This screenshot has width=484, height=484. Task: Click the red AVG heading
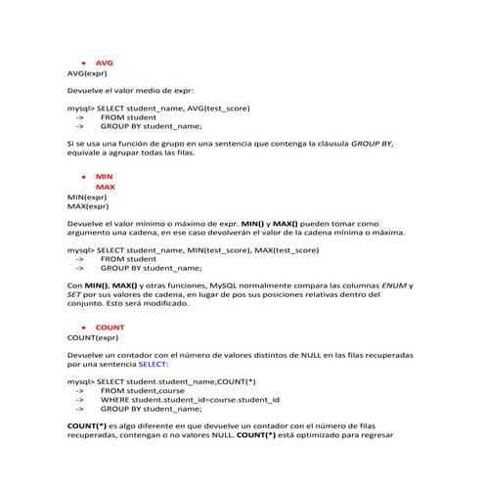(105, 63)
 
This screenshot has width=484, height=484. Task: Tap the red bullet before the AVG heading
(84, 63)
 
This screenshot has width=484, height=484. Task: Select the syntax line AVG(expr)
(87, 73)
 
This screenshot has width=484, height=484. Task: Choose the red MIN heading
(104, 176)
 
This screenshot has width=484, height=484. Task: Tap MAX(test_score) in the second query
(286, 250)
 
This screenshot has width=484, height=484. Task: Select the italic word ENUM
(392, 285)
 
